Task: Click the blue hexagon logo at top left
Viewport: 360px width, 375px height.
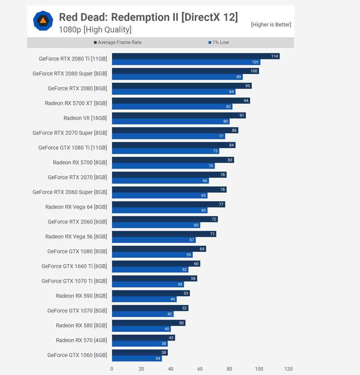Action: click(43, 21)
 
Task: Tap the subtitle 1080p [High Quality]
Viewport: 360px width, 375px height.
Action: click(95, 30)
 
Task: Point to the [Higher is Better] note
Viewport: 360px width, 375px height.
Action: click(271, 25)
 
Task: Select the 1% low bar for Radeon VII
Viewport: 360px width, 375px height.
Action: click(171, 121)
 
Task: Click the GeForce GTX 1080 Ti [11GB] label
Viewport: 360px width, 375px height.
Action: click(72, 148)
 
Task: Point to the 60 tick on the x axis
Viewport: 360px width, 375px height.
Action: click(200, 369)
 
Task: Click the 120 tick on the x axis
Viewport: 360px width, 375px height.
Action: click(288, 369)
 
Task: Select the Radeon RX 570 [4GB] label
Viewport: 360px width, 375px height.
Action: click(81, 340)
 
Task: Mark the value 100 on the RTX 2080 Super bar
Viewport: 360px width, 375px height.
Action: click(254, 71)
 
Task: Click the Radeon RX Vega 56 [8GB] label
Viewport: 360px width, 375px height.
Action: click(76, 237)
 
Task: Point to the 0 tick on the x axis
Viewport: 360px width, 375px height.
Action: click(112, 369)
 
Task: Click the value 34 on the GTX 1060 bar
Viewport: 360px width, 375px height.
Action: click(158, 359)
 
